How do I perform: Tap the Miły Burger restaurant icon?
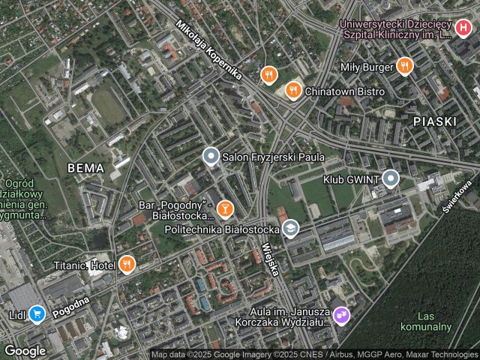pyautogui.click(x=405, y=66)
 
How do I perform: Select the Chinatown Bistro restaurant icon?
pyautogui.click(x=292, y=91)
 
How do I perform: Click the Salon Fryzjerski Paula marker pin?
pyautogui.click(x=211, y=157)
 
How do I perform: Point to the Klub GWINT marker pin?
pyautogui.click(x=390, y=178)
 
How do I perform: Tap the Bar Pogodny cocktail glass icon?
pyautogui.click(x=223, y=208)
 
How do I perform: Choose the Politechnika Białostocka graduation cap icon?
pyautogui.click(x=290, y=229)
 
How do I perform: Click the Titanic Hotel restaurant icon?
pyautogui.click(x=127, y=264)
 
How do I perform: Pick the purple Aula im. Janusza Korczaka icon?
pyautogui.click(x=341, y=315)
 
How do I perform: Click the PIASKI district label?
pyautogui.click(x=434, y=120)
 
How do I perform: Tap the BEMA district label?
pyautogui.click(x=85, y=168)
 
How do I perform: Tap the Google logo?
pyautogui.click(x=25, y=350)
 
